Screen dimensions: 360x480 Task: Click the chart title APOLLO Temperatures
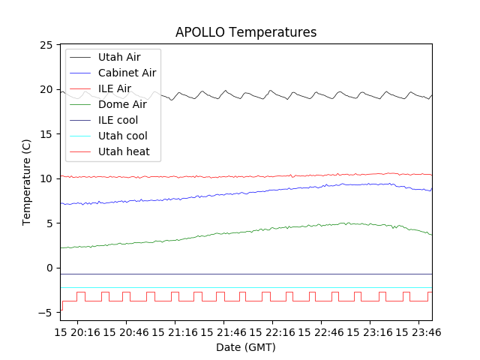coord(246,32)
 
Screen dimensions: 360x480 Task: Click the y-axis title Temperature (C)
coord(27,182)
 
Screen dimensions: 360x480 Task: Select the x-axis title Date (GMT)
coord(246,347)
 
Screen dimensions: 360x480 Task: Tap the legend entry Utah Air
coord(118,57)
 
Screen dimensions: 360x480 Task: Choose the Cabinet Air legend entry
coord(127,73)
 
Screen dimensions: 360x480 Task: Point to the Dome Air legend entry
coord(122,104)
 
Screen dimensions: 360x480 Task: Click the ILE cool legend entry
coord(118,120)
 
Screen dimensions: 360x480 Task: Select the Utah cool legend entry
coord(122,136)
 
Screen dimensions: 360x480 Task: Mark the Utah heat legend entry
coord(124,151)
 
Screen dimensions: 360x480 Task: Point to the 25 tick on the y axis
coord(46,45)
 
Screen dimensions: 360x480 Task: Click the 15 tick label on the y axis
coord(46,134)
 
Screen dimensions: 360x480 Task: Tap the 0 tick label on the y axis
coord(49,268)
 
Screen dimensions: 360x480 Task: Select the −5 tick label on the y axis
coord(46,312)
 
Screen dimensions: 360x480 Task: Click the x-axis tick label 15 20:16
coord(77,331)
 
